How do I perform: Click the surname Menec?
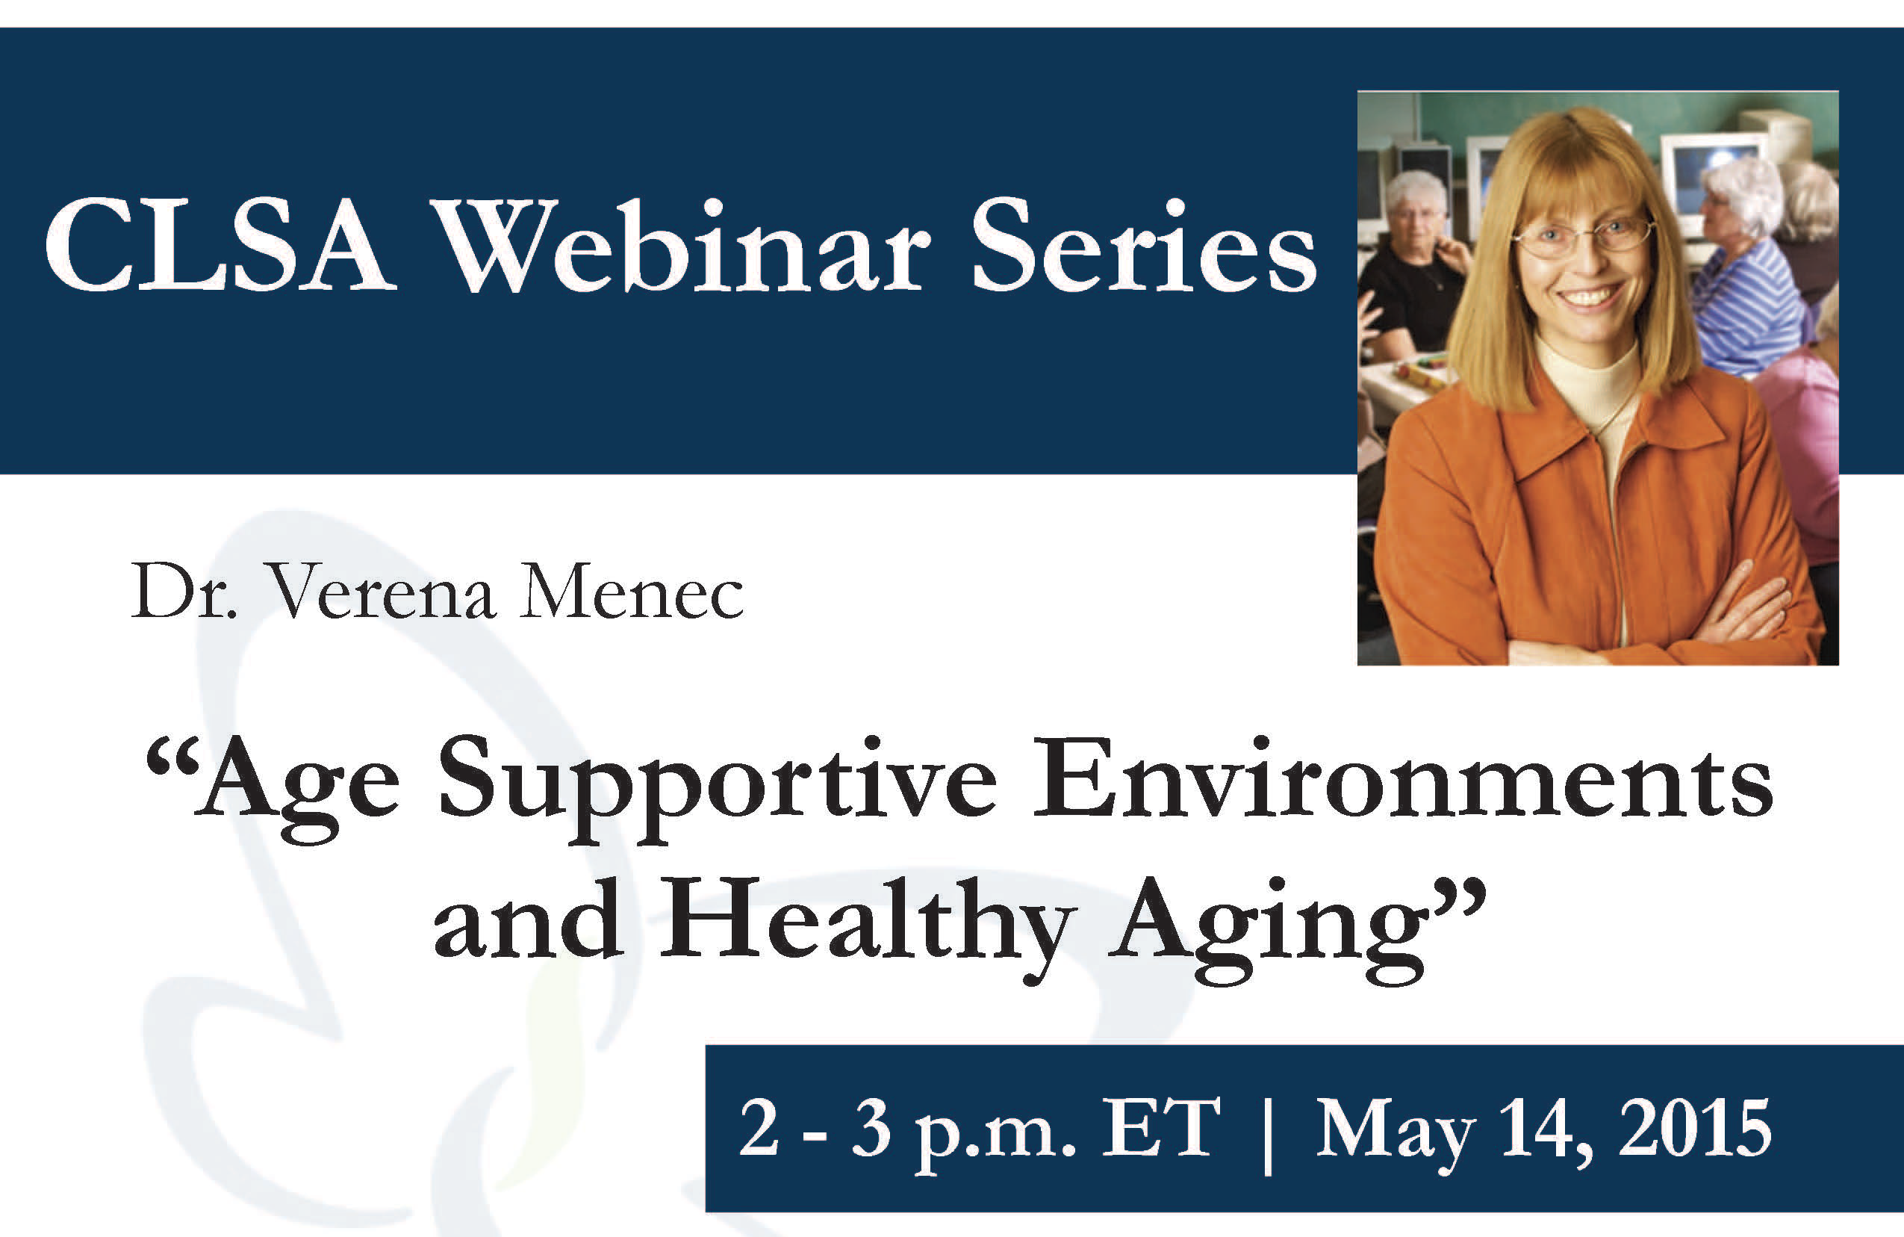(631, 593)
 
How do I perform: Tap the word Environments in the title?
(1403, 779)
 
